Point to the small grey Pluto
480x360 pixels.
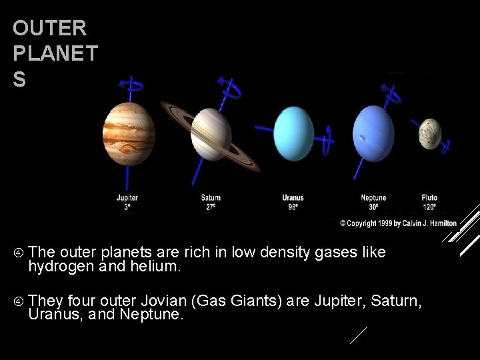tap(430, 134)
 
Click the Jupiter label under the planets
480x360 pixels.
tap(127, 198)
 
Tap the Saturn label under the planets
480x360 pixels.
tap(211, 198)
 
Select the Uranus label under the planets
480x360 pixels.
tap(293, 198)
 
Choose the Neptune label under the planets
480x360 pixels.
tap(373, 198)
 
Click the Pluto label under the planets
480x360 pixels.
tap(429, 198)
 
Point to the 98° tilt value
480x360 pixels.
tap(293, 207)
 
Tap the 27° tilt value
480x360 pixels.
tap(211, 207)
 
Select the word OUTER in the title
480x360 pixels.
tap(49, 29)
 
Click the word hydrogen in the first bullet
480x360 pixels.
tap(58, 267)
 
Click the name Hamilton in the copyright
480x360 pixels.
tap(439, 223)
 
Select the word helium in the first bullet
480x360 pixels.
tap(160, 267)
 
